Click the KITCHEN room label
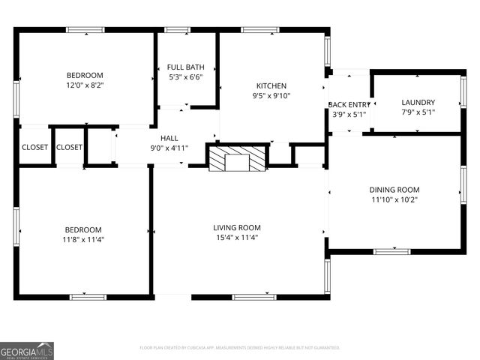[271, 85]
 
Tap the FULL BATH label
[185, 67]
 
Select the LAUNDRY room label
[418, 102]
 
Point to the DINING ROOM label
[394, 190]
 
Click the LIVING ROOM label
[237, 227]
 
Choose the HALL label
[169, 138]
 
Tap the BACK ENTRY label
[349, 104]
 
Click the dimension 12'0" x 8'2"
[85, 85]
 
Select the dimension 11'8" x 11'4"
[84, 240]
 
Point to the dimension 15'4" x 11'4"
[237, 238]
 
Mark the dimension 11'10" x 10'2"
[394, 200]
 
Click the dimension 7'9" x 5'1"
[418, 112]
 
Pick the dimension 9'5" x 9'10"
[271, 95]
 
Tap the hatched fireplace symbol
[237, 158]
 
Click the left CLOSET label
[34, 147]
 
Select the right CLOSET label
[69, 147]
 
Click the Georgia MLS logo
[27, 351]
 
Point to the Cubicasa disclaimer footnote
[240, 348]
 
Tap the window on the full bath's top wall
[177, 30]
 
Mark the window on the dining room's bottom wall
[391, 252]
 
